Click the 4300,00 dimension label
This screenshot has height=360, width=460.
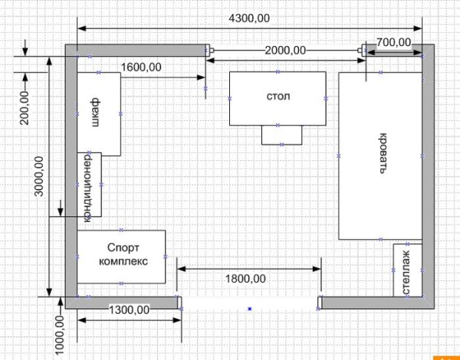248,18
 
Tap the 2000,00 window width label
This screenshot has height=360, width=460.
285,51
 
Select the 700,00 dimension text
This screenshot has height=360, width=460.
393,43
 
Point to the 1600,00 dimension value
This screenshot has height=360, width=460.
141,67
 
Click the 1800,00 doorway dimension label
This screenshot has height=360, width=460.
245,279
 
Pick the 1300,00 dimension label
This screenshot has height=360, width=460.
130,309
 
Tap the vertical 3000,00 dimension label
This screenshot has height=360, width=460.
39,176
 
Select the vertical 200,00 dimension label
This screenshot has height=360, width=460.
25,108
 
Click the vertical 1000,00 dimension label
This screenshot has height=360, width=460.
60,336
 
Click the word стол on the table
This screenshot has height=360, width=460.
278,97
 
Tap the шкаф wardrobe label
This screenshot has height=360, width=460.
95,113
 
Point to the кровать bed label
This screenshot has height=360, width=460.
383,153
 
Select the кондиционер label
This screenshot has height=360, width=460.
87,187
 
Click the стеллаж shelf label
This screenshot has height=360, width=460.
407,272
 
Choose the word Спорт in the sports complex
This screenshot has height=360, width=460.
123,248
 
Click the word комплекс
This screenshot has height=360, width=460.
123,261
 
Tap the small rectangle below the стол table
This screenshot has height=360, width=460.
281,135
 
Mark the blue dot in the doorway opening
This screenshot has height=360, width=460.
250,309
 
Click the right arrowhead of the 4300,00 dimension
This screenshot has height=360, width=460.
418,28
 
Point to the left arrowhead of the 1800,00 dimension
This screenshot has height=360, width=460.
182,269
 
